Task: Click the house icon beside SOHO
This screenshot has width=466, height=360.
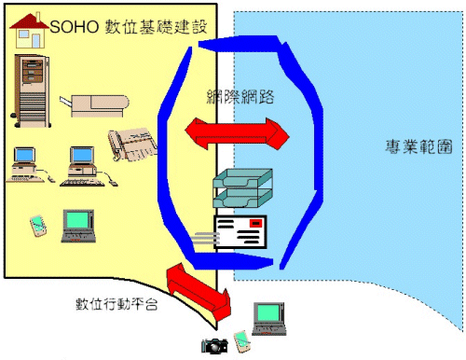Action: coord(28,31)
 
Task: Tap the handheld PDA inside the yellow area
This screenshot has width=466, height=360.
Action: coord(38,225)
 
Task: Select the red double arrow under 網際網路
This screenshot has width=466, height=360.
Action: coord(239,132)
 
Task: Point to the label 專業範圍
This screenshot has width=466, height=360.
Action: coord(415,146)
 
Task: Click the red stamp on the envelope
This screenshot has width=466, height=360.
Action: coord(255,224)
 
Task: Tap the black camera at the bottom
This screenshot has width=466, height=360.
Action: coord(214,345)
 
